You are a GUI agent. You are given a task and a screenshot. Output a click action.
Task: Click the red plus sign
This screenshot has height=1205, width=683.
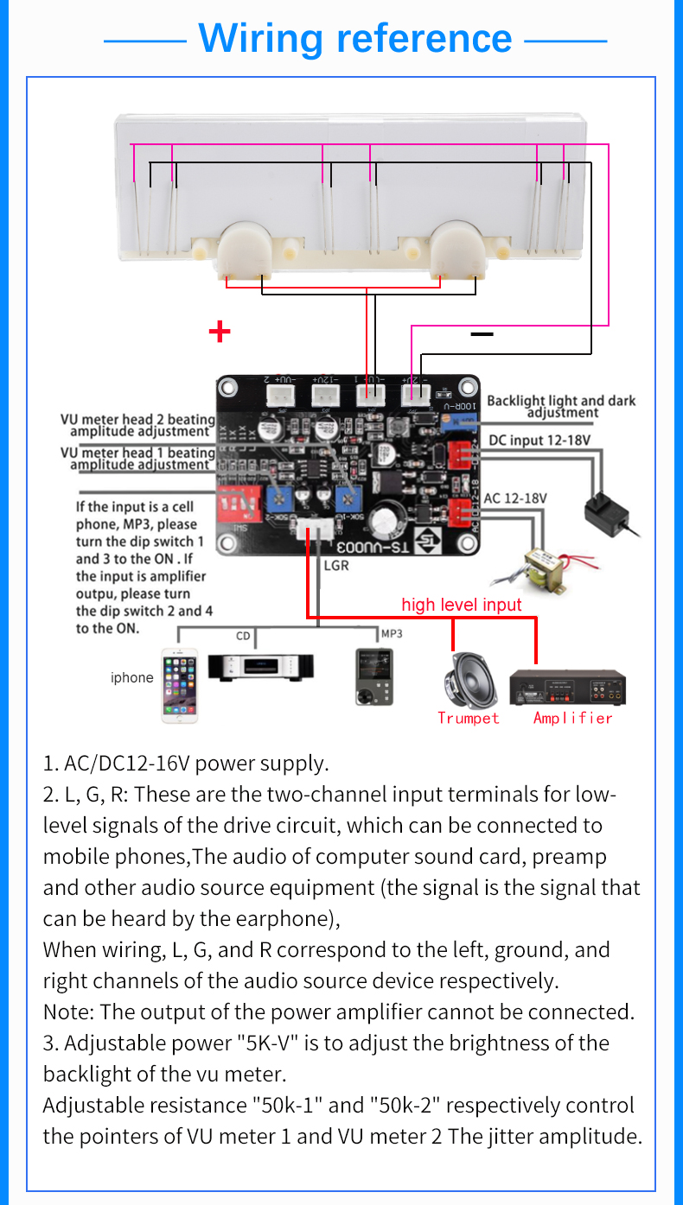click(220, 332)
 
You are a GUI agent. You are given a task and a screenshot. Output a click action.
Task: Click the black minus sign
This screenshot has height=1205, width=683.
click(482, 333)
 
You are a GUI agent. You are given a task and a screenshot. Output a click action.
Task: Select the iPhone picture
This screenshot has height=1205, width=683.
click(179, 685)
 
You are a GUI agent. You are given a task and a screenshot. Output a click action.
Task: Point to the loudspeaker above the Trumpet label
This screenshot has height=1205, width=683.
click(468, 680)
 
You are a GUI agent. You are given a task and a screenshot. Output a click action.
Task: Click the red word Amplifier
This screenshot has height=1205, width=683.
click(572, 718)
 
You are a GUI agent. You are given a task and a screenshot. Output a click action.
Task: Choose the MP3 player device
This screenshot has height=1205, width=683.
click(373, 677)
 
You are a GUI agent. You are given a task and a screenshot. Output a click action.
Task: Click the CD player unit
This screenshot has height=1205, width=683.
click(260, 667)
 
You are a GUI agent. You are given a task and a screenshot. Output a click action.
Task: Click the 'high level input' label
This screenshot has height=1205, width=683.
click(462, 605)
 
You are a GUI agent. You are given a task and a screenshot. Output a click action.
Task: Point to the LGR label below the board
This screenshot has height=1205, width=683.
click(335, 567)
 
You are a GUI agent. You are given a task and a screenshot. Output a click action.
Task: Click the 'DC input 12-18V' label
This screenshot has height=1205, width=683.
click(539, 440)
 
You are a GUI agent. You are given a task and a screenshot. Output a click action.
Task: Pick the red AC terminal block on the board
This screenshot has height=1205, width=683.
click(464, 514)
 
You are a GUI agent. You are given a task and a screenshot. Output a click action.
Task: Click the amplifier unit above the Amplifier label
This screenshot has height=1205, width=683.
click(567, 686)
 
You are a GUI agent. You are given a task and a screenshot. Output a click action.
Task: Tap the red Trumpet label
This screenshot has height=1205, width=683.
click(468, 718)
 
